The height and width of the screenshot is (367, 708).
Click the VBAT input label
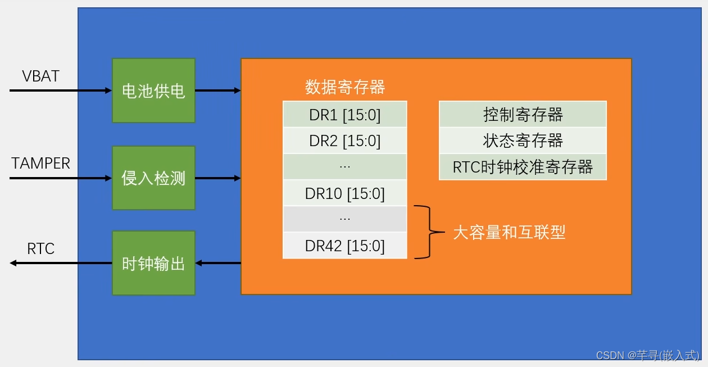(40, 76)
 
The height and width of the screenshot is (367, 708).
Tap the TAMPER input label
(40, 164)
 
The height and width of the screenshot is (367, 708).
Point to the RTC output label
(40, 249)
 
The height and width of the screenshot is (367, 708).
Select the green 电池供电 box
(153, 90)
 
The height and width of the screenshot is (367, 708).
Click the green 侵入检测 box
(153, 178)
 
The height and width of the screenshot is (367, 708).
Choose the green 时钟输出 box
(153, 263)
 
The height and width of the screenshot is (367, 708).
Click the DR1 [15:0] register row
(344, 115)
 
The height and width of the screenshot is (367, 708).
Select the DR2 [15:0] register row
(344, 141)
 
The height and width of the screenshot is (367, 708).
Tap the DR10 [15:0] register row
(344, 193)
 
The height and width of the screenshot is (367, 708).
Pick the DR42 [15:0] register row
(344, 246)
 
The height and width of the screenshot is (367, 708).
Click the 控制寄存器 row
(523, 115)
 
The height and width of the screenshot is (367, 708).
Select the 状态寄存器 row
(523, 141)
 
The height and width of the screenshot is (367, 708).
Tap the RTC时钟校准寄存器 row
(523, 167)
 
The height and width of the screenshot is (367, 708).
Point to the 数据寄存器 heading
(344, 87)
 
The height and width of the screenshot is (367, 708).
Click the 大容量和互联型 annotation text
(509, 232)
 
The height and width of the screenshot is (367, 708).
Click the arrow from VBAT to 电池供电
(61, 90)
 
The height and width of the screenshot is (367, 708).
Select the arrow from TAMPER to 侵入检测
(61, 178)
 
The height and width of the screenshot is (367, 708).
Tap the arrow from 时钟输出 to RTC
(61, 263)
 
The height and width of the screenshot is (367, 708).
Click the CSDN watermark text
(647, 355)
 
